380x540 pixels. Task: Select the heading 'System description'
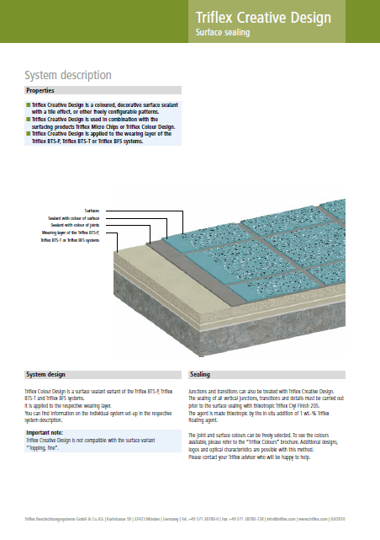68,75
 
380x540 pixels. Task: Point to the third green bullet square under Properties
28,134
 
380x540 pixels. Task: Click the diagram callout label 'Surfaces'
92,211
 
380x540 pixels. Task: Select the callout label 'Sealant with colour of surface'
74,218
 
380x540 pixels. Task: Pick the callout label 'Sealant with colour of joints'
75,226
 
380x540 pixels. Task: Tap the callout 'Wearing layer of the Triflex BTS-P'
71,233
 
